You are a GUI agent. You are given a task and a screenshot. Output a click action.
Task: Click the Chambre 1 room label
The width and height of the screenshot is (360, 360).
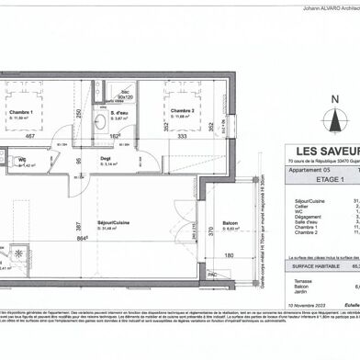point(20,112)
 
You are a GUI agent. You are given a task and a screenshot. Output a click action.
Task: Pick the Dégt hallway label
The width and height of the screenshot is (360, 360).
point(107,159)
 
